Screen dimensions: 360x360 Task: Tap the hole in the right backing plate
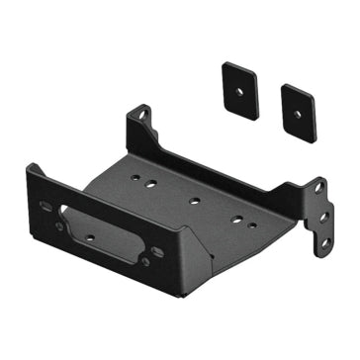[x=299, y=110]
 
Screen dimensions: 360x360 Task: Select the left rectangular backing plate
[x=240, y=90]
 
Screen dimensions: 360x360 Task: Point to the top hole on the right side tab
[x=318, y=188]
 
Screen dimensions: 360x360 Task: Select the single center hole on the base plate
[x=194, y=201]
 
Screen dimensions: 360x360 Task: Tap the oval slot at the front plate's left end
[x=45, y=206]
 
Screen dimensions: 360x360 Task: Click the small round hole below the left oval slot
[x=58, y=225]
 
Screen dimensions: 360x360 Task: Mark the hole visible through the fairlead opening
[x=92, y=237]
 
